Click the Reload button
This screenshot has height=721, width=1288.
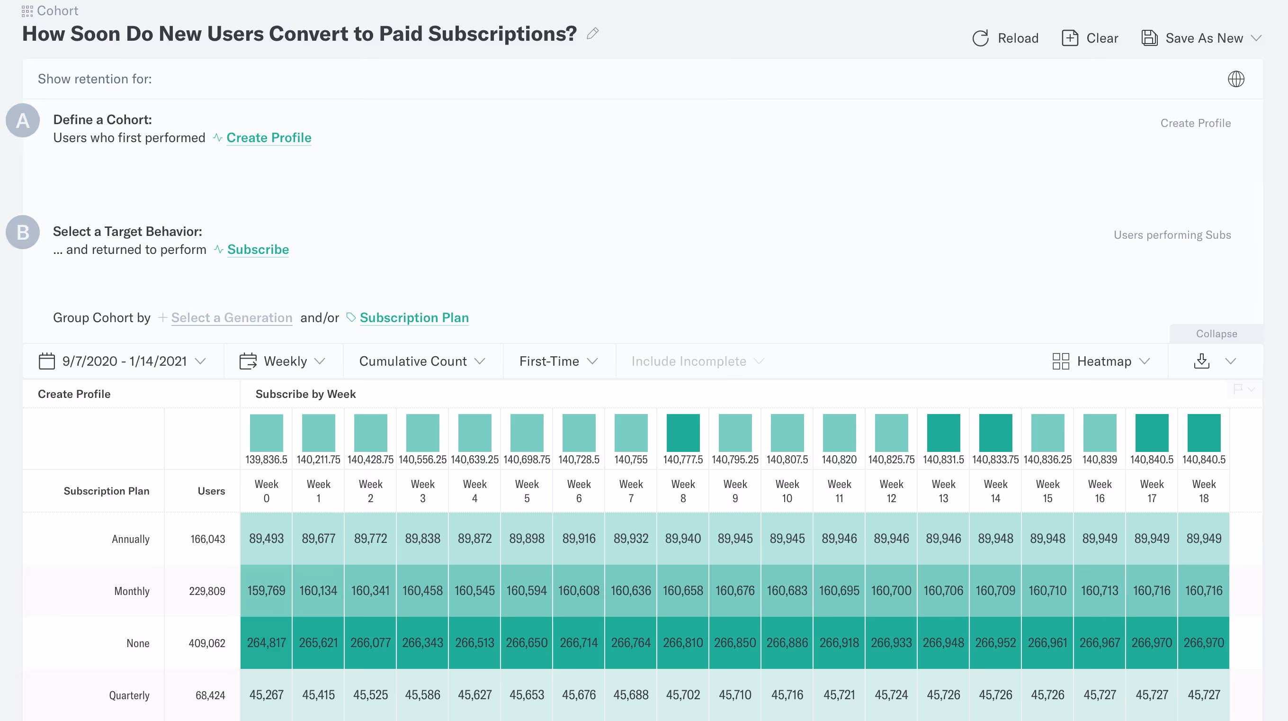click(1005, 38)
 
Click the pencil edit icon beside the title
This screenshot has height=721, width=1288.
click(592, 34)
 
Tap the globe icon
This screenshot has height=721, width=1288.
click(1235, 79)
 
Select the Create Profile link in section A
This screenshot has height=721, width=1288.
click(268, 137)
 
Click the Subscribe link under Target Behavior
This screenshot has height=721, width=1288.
click(258, 249)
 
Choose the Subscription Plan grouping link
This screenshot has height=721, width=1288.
click(413, 318)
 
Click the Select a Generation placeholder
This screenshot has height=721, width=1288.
click(231, 318)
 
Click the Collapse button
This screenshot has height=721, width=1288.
click(1216, 333)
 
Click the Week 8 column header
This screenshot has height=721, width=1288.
click(683, 491)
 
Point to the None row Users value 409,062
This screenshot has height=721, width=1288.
click(206, 643)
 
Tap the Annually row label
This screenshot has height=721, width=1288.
click(131, 539)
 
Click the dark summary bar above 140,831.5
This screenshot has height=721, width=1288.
click(943, 433)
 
